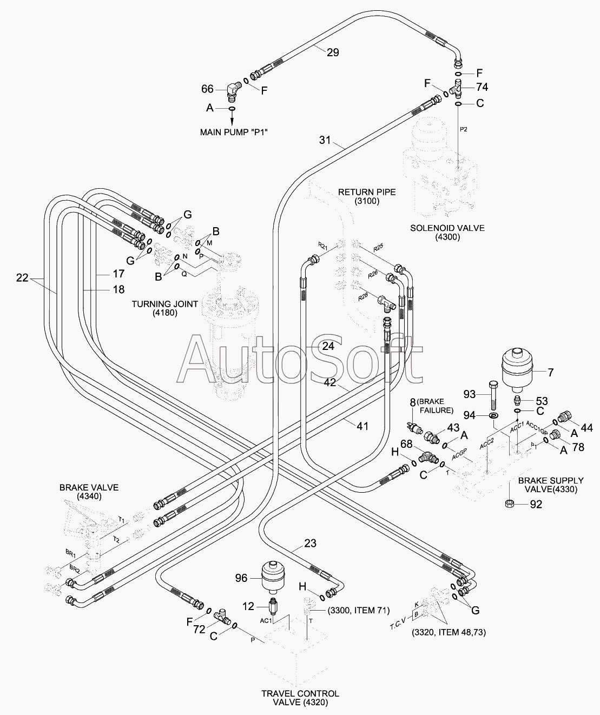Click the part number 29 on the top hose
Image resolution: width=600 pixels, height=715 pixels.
[333, 52]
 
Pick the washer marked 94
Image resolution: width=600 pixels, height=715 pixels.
[493, 415]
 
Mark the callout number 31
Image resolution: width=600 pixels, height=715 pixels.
[324, 140]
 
